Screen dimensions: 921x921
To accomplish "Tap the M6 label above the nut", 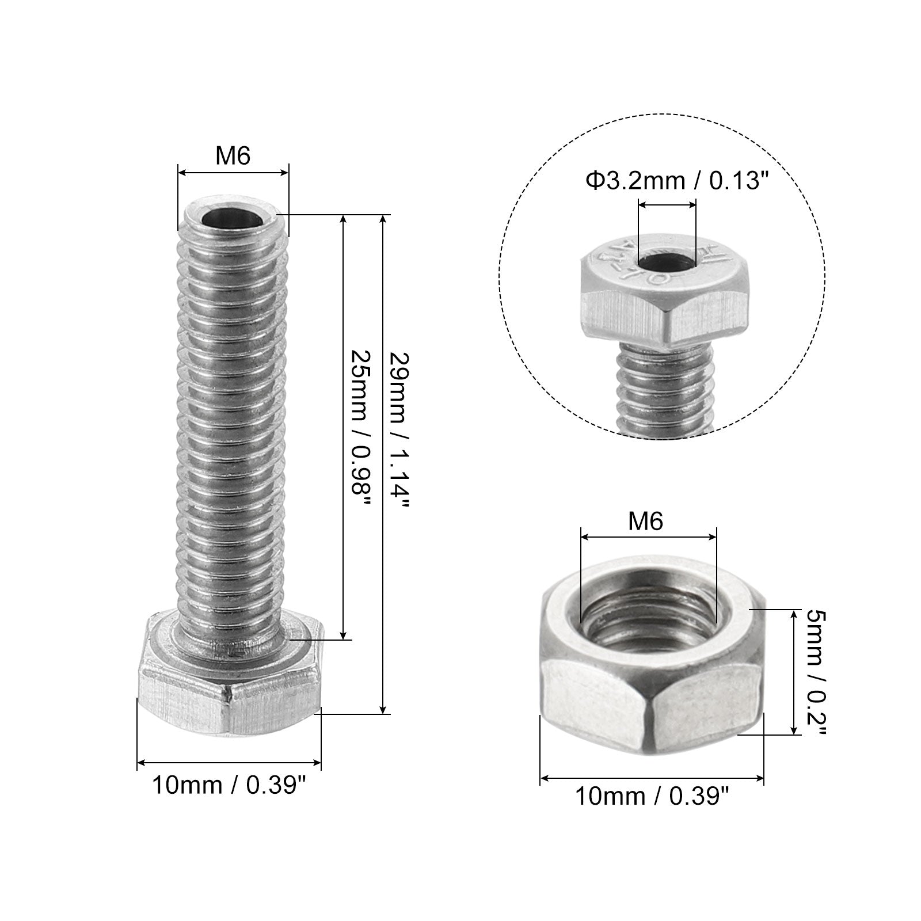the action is click(645, 522).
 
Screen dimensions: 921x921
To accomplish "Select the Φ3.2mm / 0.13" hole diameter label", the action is click(678, 181).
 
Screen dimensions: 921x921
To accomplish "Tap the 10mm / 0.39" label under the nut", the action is click(652, 797).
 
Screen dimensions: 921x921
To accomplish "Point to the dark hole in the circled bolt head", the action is click(668, 264).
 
